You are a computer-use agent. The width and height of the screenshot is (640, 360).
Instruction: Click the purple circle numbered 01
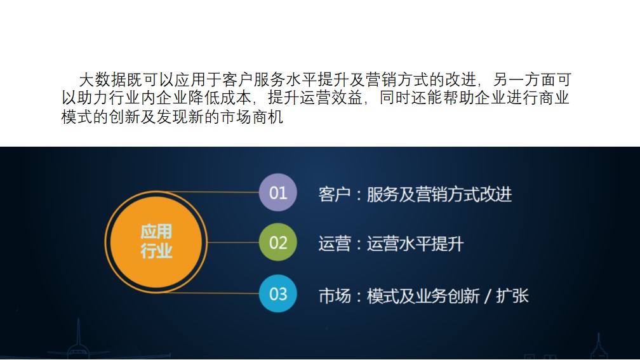point(277,192)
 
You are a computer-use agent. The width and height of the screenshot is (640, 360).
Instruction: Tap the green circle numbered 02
point(277,242)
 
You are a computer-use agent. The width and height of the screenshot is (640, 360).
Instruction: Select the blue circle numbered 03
point(277,293)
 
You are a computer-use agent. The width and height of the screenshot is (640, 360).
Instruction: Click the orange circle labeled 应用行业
point(156,242)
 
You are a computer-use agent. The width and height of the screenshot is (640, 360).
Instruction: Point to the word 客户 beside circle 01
point(334,194)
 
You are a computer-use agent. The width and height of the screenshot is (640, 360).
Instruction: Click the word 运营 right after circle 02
point(334,244)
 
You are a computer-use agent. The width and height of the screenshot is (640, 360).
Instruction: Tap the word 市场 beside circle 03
point(335,296)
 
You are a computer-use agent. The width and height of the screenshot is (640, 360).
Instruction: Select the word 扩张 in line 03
point(512,296)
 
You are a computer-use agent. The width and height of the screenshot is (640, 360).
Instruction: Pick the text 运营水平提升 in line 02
point(415,244)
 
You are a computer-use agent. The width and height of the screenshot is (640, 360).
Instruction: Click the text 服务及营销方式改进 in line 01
point(439,194)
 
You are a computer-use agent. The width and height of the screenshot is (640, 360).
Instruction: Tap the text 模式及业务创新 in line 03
point(423,296)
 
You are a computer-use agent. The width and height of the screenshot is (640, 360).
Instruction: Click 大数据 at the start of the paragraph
point(102,79)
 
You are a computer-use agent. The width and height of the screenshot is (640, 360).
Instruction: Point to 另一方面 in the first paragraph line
point(524,79)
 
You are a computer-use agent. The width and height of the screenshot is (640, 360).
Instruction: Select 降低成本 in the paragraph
point(220,98)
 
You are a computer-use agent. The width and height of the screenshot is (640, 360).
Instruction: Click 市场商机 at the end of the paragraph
point(252,117)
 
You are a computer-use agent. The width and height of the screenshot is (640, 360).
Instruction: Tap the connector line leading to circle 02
point(233,243)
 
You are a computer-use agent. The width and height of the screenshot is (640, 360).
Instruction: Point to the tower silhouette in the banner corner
point(598,347)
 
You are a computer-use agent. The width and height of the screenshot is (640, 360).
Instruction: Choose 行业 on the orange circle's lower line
point(156,251)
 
